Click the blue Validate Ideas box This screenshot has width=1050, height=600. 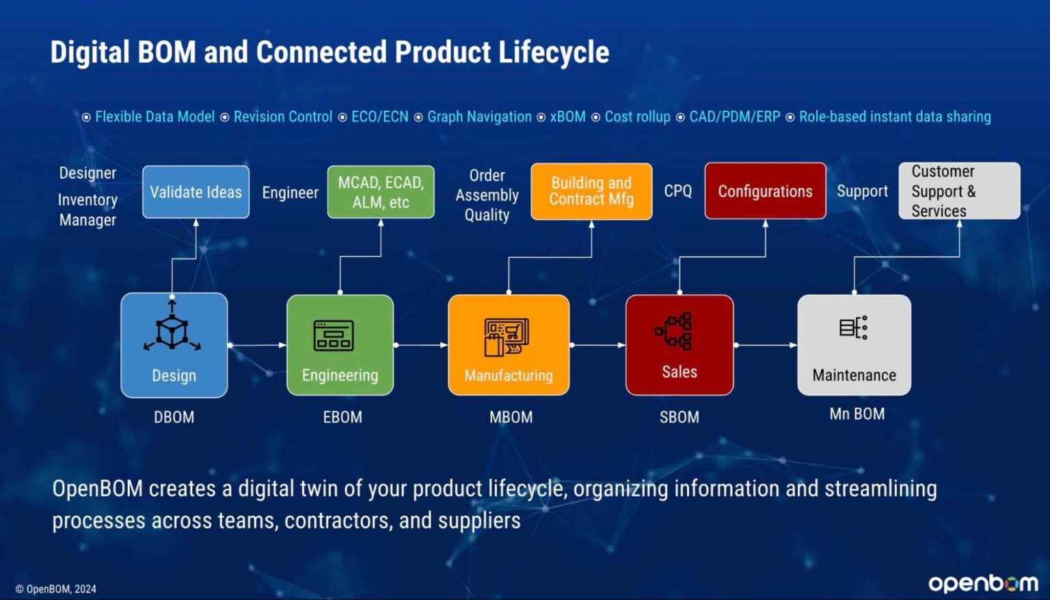pyautogui.click(x=196, y=192)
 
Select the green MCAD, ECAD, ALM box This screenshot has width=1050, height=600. pyautogui.click(x=381, y=192)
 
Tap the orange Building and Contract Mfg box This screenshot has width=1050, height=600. pyautogui.click(x=591, y=192)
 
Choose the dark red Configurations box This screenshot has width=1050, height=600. pyautogui.click(x=765, y=192)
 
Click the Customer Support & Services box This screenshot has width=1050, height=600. pyautogui.click(x=959, y=191)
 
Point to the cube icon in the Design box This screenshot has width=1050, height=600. pyautogui.click(x=172, y=330)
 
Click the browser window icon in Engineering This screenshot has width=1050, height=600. pyautogui.click(x=334, y=335)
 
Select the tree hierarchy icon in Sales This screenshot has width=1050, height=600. pyautogui.click(x=675, y=331)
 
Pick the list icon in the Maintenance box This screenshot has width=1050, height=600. pyautogui.click(x=854, y=328)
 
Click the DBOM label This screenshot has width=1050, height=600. pyautogui.click(x=174, y=417)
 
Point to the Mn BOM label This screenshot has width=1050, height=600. pyautogui.click(x=857, y=414)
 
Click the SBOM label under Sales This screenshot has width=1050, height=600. pyautogui.click(x=679, y=417)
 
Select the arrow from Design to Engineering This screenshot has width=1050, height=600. pyautogui.click(x=257, y=345)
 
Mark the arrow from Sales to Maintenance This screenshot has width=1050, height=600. pyautogui.click(x=766, y=345)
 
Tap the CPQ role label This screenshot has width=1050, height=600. pyautogui.click(x=677, y=192)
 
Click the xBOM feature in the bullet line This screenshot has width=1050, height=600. pyautogui.click(x=567, y=117)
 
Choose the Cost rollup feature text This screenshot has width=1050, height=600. pyautogui.click(x=637, y=117)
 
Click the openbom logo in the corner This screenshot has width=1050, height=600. pyautogui.click(x=982, y=583)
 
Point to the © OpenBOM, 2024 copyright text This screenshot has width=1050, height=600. pyautogui.click(x=56, y=589)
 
